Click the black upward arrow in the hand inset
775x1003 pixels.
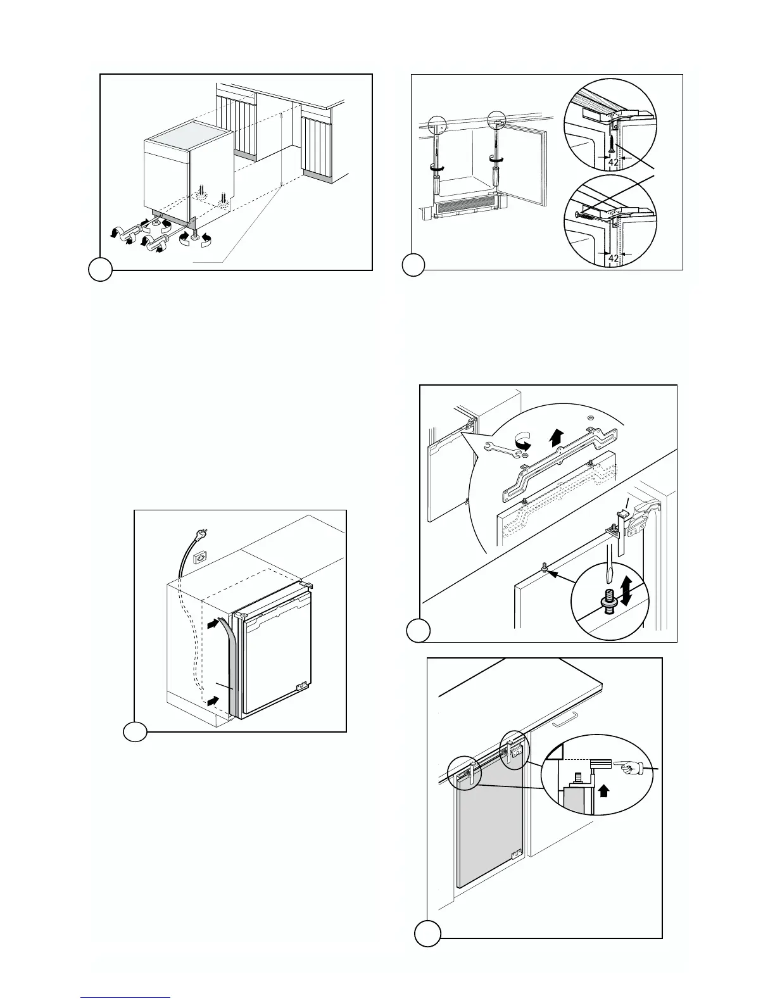605,790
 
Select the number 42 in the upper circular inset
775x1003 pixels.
613,162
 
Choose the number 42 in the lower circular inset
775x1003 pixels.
613,258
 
